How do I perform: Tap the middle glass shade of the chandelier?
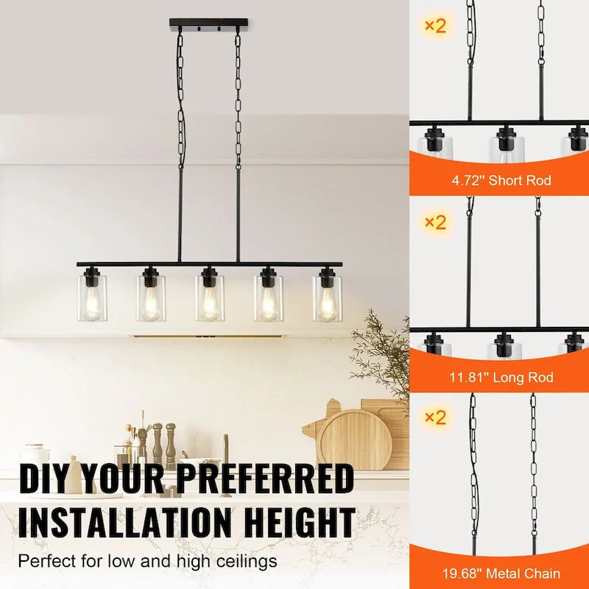[x=210, y=297]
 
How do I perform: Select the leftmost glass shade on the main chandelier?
[x=92, y=297]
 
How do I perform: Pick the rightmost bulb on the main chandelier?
[x=328, y=302]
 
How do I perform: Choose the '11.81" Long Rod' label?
[x=501, y=378]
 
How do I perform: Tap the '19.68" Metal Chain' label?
[x=501, y=574]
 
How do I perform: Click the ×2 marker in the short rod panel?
[x=435, y=26]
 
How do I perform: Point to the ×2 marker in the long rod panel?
[x=435, y=222]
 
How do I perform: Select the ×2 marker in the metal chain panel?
[x=435, y=417]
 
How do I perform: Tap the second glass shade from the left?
[x=151, y=297]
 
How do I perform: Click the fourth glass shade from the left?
[x=269, y=297]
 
